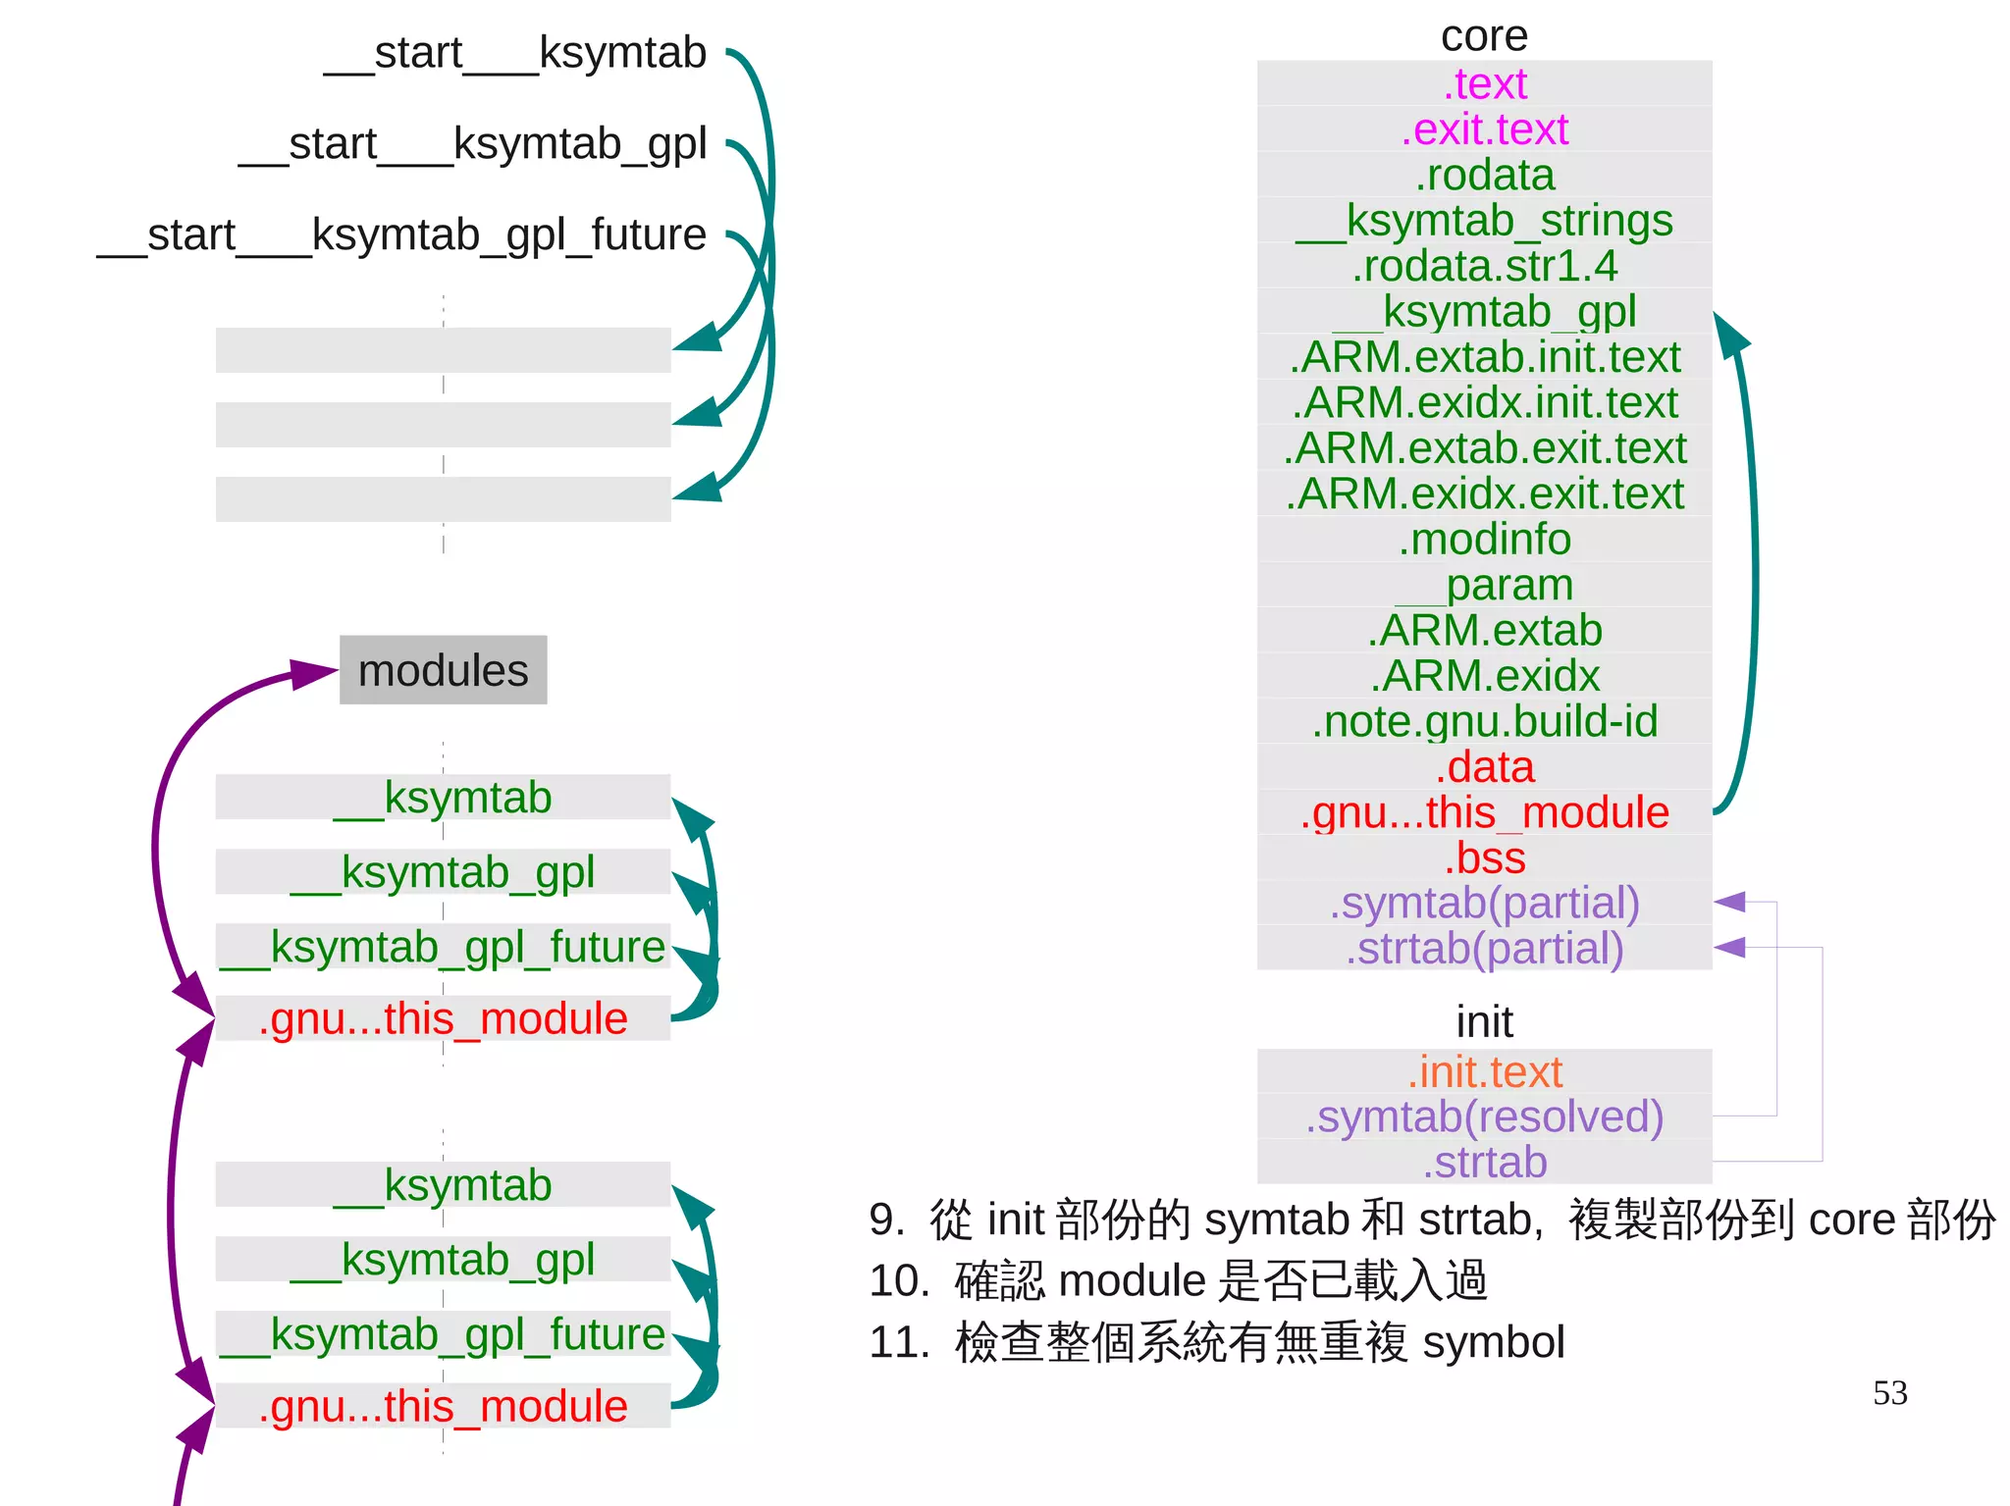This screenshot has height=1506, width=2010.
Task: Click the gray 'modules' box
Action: point(443,670)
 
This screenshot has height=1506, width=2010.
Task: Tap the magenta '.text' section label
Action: point(1484,84)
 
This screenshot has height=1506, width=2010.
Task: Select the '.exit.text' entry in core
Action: point(1484,130)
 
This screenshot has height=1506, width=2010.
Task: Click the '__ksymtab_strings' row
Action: point(1484,221)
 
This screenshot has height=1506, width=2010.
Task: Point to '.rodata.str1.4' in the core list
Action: point(1484,266)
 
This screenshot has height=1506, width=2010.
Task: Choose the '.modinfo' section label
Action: point(1484,540)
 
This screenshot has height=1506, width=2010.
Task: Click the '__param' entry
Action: point(1484,585)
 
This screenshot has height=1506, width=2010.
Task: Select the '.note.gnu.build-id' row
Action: point(1484,721)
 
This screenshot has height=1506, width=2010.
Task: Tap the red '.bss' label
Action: point(1484,858)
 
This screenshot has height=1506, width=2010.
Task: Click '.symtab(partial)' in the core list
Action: point(1484,904)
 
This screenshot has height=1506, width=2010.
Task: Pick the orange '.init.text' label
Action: point(1484,1072)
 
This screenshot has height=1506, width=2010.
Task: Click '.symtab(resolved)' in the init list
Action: point(1484,1117)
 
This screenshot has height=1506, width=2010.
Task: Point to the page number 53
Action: point(1889,1393)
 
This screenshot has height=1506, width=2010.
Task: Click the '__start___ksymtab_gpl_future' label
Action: point(401,235)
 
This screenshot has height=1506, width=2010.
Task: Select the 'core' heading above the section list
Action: point(1484,37)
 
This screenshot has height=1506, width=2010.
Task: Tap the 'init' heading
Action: point(1484,1022)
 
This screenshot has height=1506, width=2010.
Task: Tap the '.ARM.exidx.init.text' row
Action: point(1484,403)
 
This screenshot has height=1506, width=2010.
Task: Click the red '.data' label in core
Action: point(1484,767)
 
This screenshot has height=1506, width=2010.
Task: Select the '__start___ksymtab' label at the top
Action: point(515,53)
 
